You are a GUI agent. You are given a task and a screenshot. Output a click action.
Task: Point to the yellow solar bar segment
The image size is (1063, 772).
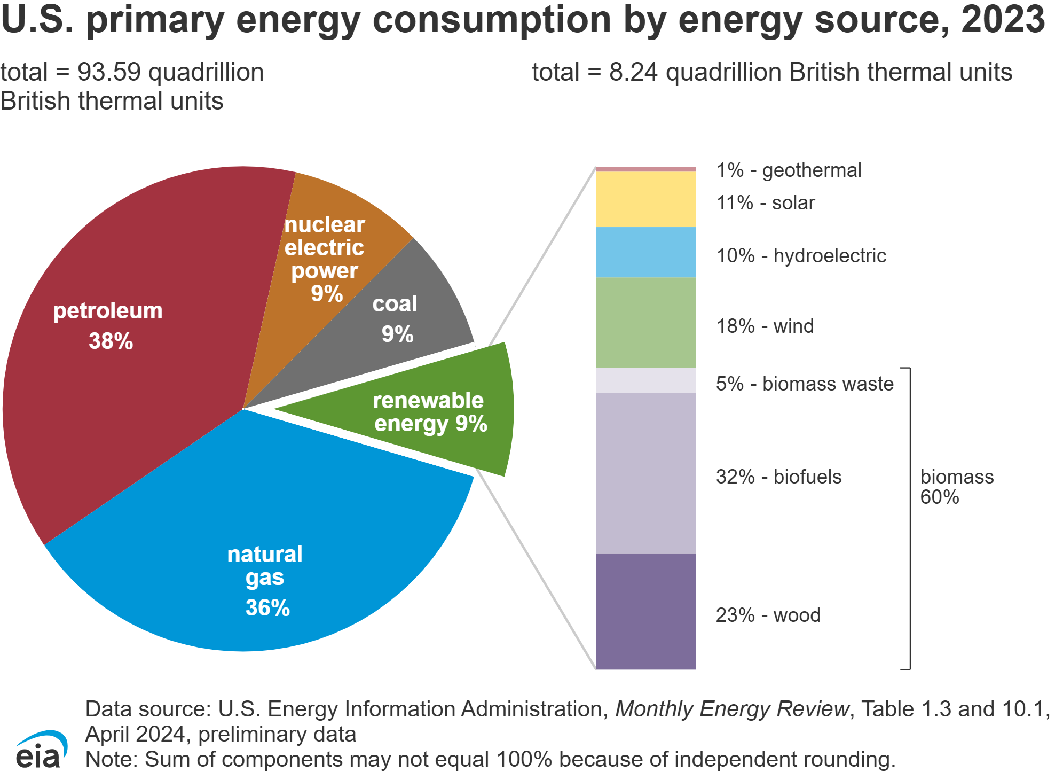click(x=645, y=199)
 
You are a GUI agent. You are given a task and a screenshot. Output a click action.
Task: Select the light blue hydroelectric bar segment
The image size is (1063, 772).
click(x=645, y=252)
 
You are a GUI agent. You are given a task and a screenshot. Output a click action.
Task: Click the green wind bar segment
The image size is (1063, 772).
click(x=645, y=323)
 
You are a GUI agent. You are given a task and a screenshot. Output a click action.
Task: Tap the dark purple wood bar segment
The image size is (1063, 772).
click(x=645, y=611)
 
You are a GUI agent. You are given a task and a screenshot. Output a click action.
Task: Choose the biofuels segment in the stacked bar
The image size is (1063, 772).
click(x=645, y=473)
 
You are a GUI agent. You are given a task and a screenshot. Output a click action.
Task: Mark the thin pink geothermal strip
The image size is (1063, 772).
click(x=645, y=169)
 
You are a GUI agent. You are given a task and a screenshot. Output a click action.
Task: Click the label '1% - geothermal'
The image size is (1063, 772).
click(x=789, y=170)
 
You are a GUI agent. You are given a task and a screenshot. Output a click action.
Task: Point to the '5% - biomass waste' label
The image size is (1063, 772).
click(x=805, y=384)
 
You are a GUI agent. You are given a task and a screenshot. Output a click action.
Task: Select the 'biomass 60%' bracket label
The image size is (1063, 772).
click(x=956, y=487)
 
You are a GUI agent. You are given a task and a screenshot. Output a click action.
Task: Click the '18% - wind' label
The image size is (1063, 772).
click(x=765, y=326)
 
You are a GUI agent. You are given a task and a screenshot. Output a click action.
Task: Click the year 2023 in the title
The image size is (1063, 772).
click(x=1003, y=19)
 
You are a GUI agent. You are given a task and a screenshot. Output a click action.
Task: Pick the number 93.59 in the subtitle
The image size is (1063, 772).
click(x=109, y=72)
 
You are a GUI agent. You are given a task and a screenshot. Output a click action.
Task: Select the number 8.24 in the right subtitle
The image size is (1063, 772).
click(x=633, y=72)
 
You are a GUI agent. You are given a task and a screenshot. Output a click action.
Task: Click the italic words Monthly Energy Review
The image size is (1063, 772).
click(x=731, y=709)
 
